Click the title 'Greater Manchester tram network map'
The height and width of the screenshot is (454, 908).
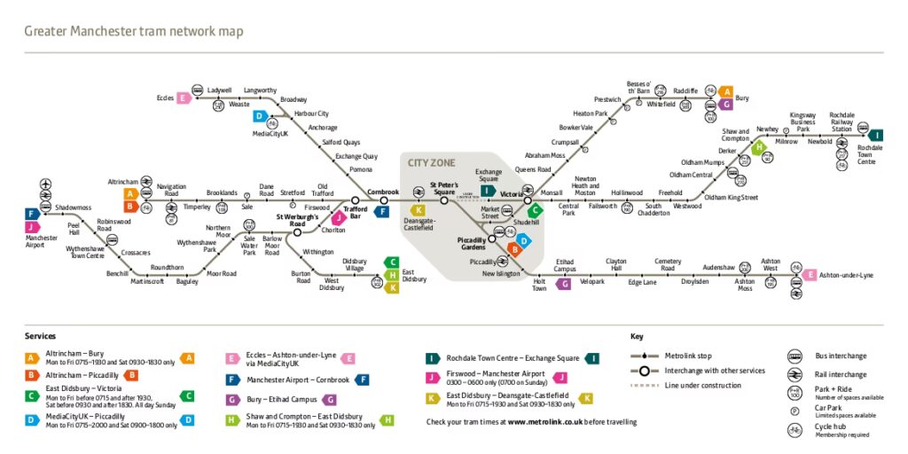coord(133,32)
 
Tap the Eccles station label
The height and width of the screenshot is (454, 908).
coord(165,98)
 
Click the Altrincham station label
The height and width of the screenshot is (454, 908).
coord(122,181)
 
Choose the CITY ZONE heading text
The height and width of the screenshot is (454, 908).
coord(431,162)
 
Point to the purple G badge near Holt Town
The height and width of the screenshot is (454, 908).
coord(563,284)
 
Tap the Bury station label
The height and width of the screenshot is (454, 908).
coord(742,98)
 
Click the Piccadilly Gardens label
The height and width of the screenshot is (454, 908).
coord(472,244)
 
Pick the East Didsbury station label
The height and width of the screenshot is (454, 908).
coord(413,276)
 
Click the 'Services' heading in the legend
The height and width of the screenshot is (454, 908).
coord(41,337)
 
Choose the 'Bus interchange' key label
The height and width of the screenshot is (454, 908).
coord(841,356)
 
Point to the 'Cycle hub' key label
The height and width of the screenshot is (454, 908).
coord(832,427)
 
